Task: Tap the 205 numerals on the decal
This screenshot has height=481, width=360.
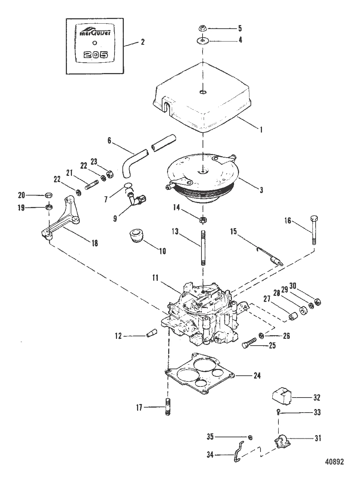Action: coord(94,55)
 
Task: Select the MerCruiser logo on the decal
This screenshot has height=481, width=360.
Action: coord(94,33)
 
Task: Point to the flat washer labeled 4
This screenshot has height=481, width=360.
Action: coord(203,40)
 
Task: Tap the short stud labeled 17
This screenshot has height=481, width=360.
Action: coord(167,407)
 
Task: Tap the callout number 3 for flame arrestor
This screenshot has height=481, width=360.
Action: coord(261,190)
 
